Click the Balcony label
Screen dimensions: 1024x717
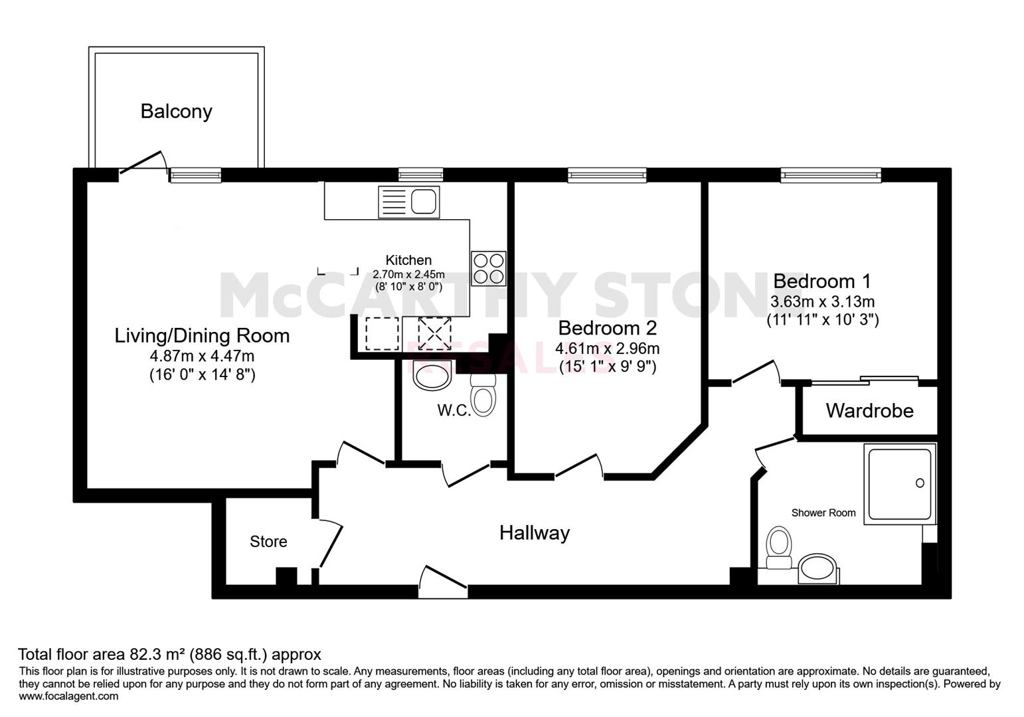[x=176, y=112]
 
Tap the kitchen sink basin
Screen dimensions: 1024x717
[x=424, y=202]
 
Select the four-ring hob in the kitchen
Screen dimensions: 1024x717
[x=489, y=269]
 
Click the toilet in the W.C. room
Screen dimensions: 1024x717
[x=483, y=395]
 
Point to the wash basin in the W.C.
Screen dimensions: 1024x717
[x=432, y=375]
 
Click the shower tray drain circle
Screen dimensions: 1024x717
[x=920, y=483]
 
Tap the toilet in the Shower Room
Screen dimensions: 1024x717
[x=779, y=548]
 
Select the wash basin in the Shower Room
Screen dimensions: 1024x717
[x=819, y=569]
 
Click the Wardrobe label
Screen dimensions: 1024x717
[x=869, y=411]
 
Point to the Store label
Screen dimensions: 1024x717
[x=268, y=542]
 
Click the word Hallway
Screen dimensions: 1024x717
[x=535, y=533]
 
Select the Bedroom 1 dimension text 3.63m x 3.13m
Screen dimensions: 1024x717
[x=822, y=301]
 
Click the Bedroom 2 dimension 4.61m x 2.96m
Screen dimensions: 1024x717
[x=608, y=349]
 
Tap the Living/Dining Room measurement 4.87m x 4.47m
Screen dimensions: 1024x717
[x=202, y=356]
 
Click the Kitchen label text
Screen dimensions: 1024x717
[x=408, y=260]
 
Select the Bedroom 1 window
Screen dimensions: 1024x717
[x=831, y=175]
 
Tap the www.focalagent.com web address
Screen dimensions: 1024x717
[x=68, y=696]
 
